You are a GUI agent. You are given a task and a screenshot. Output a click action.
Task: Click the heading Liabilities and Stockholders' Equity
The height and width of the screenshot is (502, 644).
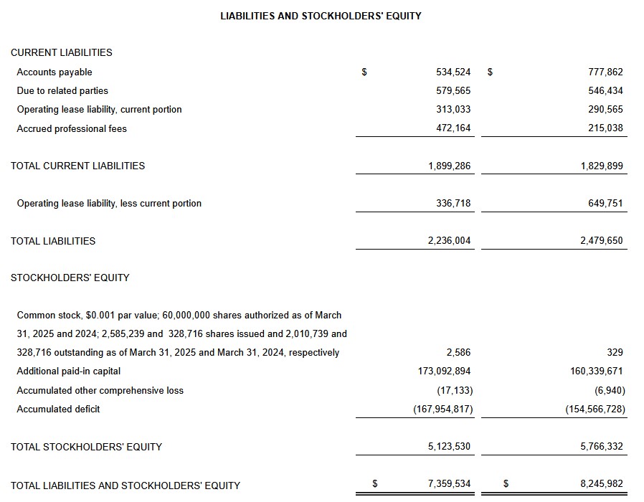point(321,16)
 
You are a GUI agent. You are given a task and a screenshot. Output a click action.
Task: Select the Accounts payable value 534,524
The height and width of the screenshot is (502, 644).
point(453,72)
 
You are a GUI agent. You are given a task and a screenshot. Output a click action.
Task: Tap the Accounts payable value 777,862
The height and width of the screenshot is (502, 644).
point(605,72)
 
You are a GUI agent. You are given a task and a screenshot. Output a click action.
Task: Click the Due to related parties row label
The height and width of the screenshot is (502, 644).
point(62,91)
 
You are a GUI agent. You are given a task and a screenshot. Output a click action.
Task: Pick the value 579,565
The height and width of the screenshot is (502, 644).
point(453,91)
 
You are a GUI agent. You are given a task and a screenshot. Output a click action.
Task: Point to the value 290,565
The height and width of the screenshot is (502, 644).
point(605,110)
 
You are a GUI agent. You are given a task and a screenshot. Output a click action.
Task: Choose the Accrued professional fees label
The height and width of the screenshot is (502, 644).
point(72,129)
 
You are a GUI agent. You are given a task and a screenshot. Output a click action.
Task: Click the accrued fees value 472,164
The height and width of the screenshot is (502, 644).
point(453,129)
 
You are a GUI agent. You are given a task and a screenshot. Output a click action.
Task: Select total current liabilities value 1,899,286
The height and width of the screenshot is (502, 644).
point(449,166)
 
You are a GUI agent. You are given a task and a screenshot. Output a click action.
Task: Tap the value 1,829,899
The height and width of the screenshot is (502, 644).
point(602,166)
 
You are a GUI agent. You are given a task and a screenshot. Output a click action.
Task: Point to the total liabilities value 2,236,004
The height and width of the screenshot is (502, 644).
point(449,241)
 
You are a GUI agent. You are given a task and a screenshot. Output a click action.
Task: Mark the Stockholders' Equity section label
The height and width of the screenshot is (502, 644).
point(70,278)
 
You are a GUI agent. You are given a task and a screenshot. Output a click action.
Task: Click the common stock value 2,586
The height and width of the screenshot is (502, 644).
point(458,353)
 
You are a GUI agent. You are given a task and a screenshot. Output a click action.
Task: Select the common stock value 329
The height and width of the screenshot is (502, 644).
point(615,353)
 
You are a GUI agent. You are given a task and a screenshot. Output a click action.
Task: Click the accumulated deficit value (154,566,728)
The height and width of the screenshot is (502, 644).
point(595,409)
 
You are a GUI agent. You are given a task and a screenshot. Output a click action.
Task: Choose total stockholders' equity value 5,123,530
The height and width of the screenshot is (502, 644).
point(449,447)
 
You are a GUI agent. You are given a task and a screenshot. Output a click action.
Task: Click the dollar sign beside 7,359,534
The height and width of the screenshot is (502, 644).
point(374,484)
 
